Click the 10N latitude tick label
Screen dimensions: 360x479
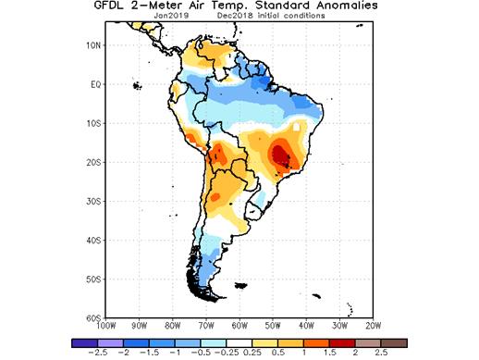point(93,44)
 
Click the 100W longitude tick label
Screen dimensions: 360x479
point(105,326)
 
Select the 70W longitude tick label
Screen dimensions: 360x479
point(205,326)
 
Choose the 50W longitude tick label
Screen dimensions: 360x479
point(273,326)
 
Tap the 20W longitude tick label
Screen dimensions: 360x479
point(373,326)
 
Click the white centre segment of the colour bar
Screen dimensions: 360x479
point(239,341)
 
